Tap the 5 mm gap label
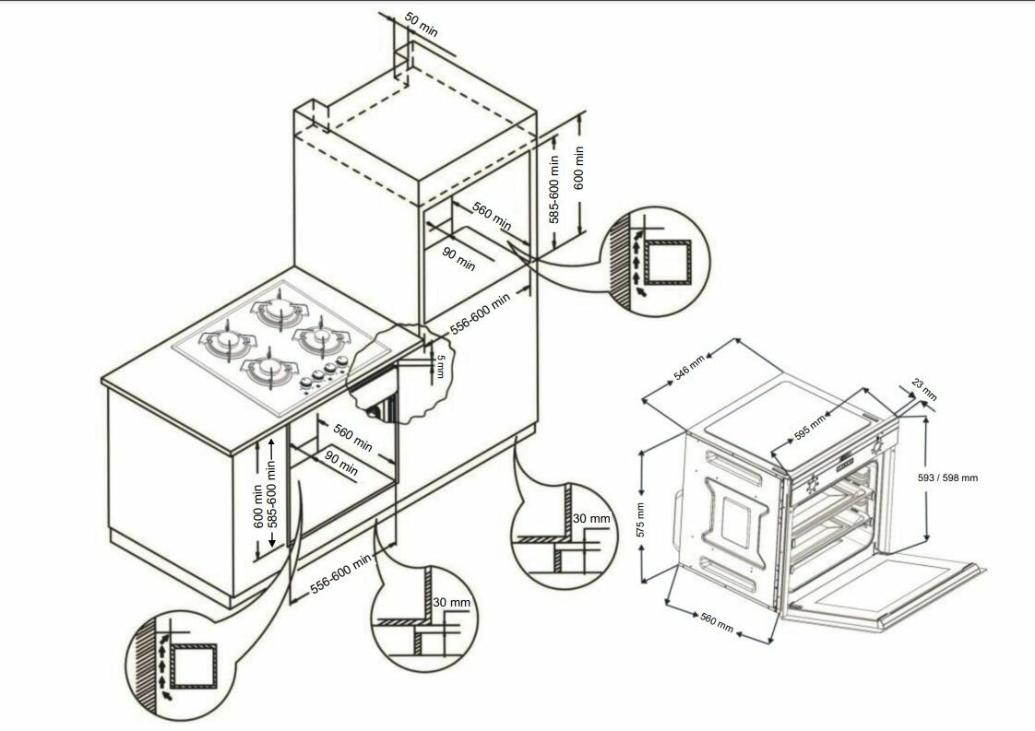tap(441, 366)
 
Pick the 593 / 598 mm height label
tap(948, 478)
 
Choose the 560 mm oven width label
tap(717, 623)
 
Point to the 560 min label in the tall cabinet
tap(492, 217)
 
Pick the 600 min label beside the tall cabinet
tap(578, 168)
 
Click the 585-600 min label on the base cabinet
tap(271, 493)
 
